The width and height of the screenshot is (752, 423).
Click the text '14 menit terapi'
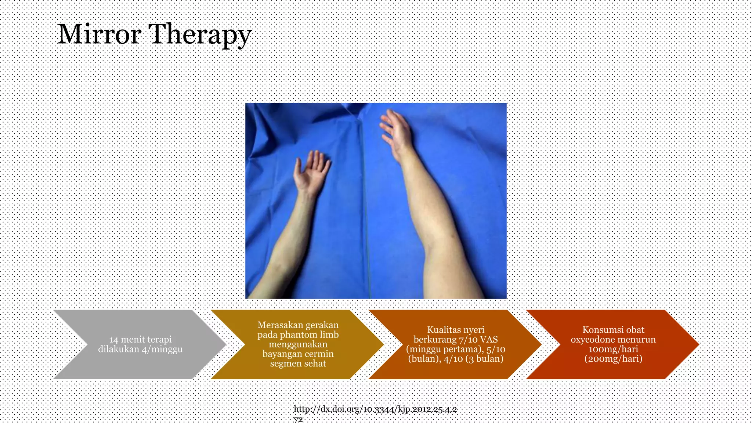coord(140,339)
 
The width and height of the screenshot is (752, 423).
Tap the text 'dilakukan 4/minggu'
coord(140,349)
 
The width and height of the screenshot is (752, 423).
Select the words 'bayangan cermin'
coord(298,354)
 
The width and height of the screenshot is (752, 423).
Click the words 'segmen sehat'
coord(298,364)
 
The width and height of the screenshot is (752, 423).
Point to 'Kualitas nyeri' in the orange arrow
coord(455,330)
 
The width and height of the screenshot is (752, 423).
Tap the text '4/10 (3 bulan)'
coord(474,359)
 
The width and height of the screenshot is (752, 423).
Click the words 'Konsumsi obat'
coord(613,330)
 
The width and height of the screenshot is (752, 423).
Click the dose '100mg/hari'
coord(613,349)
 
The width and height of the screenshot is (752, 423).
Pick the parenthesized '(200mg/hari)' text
coord(613,359)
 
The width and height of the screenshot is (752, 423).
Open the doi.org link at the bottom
coord(375,409)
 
